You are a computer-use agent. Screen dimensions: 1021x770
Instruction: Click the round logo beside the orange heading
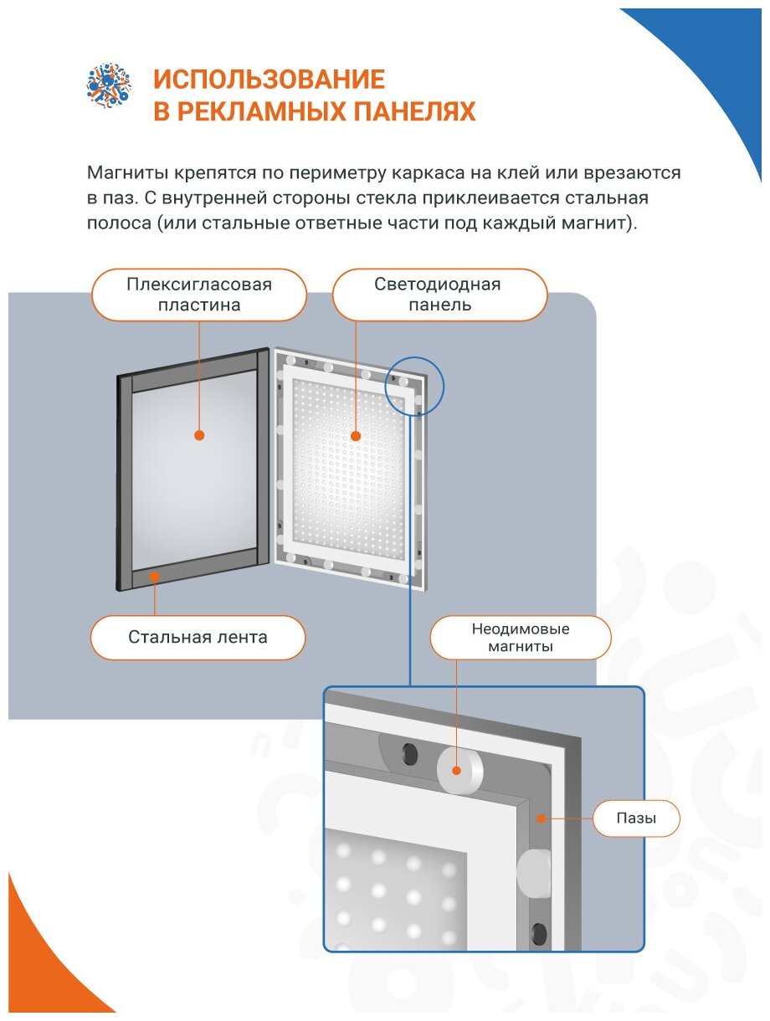point(110,85)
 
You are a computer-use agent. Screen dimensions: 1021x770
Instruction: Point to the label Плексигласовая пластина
point(199,295)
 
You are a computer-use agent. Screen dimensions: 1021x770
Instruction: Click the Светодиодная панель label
point(439,295)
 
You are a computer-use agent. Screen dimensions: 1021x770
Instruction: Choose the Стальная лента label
point(198,638)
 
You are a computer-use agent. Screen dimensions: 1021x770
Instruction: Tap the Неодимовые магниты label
point(521,638)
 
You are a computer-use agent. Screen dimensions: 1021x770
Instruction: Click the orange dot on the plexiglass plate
point(199,435)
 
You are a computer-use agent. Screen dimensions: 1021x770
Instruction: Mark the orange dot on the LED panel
point(355,436)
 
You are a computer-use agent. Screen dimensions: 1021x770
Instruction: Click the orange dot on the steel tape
point(153,576)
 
